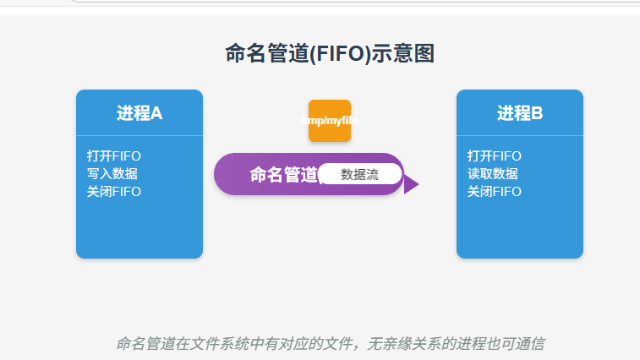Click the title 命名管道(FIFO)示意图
pyautogui.click(x=330, y=54)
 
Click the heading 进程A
pyautogui.click(x=139, y=113)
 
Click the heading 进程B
pyautogui.click(x=520, y=113)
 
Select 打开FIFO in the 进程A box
pyautogui.click(x=114, y=156)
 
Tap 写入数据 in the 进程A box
pyautogui.click(x=112, y=174)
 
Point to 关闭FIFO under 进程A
pyautogui.click(x=114, y=192)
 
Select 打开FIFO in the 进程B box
pyautogui.click(x=495, y=156)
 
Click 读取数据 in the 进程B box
pyautogui.click(x=493, y=174)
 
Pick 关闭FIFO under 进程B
pyautogui.click(x=495, y=192)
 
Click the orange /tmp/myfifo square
pyautogui.click(x=330, y=121)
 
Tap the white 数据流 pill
pyautogui.click(x=359, y=174)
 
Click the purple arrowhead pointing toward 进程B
pyautogui.click(x=411, y=184)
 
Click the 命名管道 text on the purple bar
pyautogui.click(x=283, y=174)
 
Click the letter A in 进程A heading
pyautogui.click(x=156, y=113)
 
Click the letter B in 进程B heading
pyautogui.click(x=537, y=113)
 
